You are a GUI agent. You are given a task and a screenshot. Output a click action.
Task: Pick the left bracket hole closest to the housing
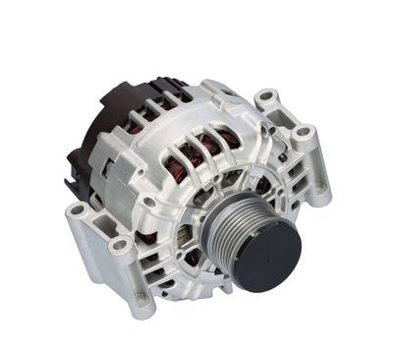[120, 242]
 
